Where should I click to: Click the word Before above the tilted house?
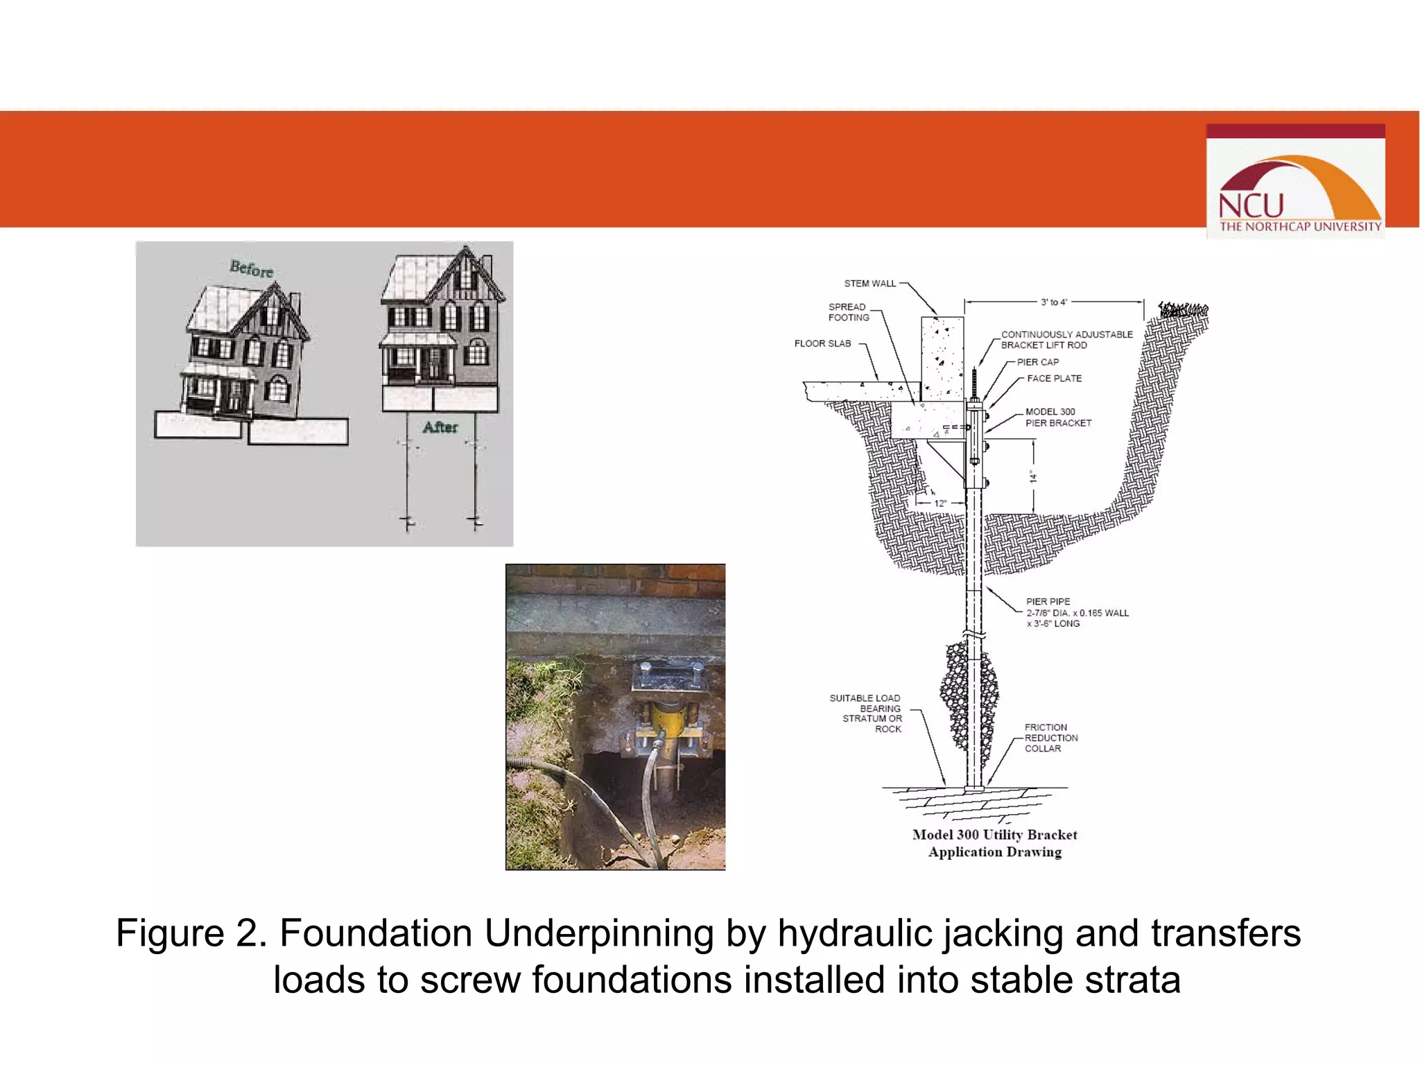[x=251, y=268]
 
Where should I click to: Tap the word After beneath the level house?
[x=440, y=427]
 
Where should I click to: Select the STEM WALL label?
[x=869, y=284]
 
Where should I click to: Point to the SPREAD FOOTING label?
[x=848, y=312]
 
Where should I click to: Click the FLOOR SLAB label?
[x=822, y=343]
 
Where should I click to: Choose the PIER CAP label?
[x=1037, y=362]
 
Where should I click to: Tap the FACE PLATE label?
[x=1054, y=379]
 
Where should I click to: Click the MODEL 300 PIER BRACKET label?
[x=1058, y=417]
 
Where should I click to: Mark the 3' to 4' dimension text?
[x=1054, y=302]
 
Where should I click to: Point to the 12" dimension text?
[x=940, y=503]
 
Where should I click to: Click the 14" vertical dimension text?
[x=1033, y=476]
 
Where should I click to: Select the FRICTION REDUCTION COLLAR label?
[x=1050, y=738]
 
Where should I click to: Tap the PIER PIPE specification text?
[x=1076, y=612]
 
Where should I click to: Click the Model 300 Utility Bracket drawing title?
[x=994, y=843]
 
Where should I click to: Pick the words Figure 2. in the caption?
[x=191, y=933]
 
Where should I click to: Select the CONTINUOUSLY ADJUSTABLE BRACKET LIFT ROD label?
[x=1066, y=340]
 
